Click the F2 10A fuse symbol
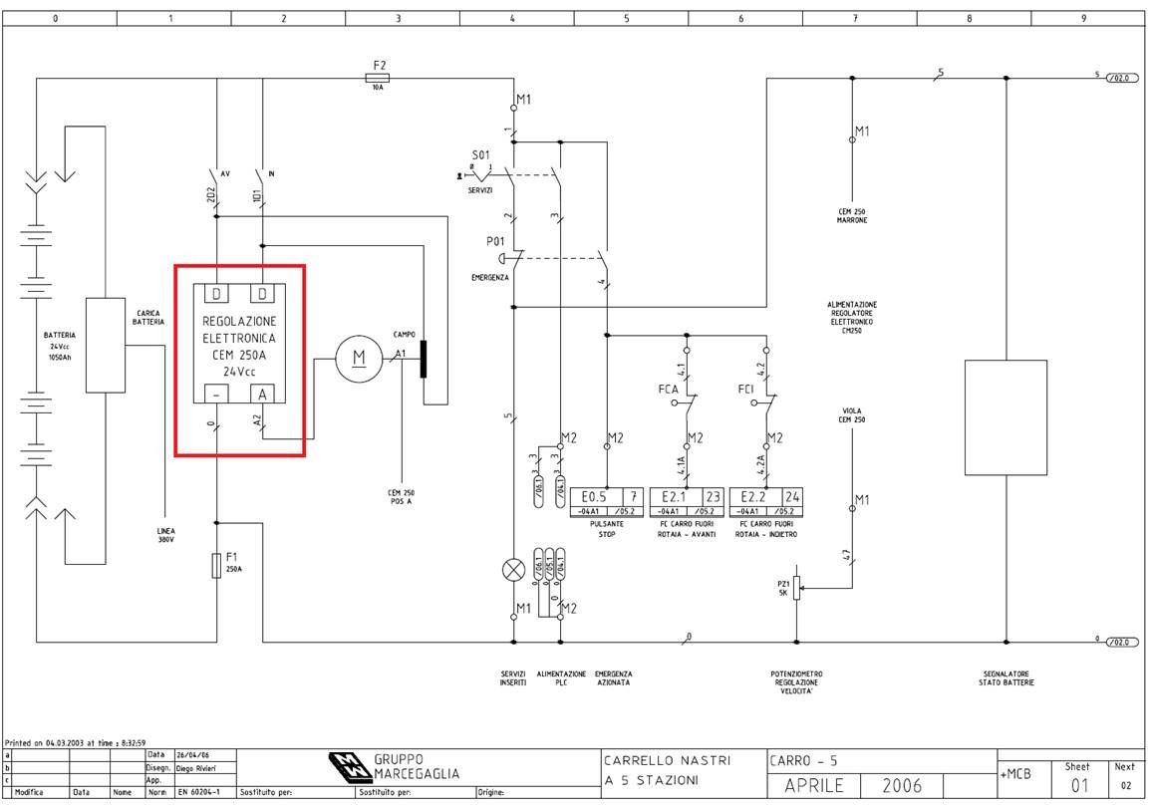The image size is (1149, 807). [x=379, y=78]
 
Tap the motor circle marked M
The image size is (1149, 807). [x=359, y=359]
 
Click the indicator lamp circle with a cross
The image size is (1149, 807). [x=513, y=569]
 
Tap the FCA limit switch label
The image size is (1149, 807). [x=668, y=389]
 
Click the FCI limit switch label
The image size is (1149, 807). [x=746, y=389]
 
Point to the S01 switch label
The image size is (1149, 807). [x=480, y=155]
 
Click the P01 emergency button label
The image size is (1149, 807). [x=495, y=241]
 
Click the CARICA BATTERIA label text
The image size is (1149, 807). [x=148, y=317]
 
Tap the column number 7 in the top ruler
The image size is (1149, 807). [x=855, y=18]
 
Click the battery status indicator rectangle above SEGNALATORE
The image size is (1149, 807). [x=1005, y=417]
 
